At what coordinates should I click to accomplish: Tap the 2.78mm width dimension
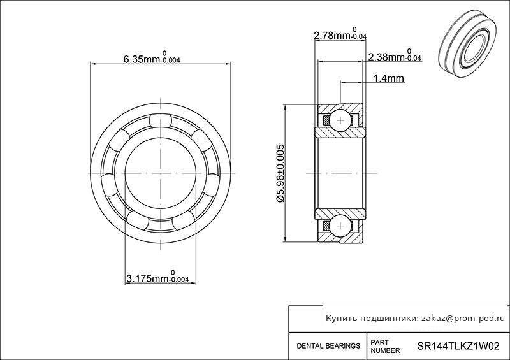(340, 34)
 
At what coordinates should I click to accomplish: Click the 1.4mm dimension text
(389, 78)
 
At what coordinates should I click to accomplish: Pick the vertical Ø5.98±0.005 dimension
(280, 173)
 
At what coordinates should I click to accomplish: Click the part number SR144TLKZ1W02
(458, 346)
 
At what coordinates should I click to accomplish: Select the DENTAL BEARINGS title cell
(328, 346)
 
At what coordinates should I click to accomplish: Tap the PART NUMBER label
(385, 347)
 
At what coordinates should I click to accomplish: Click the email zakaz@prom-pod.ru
(463, 319)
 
